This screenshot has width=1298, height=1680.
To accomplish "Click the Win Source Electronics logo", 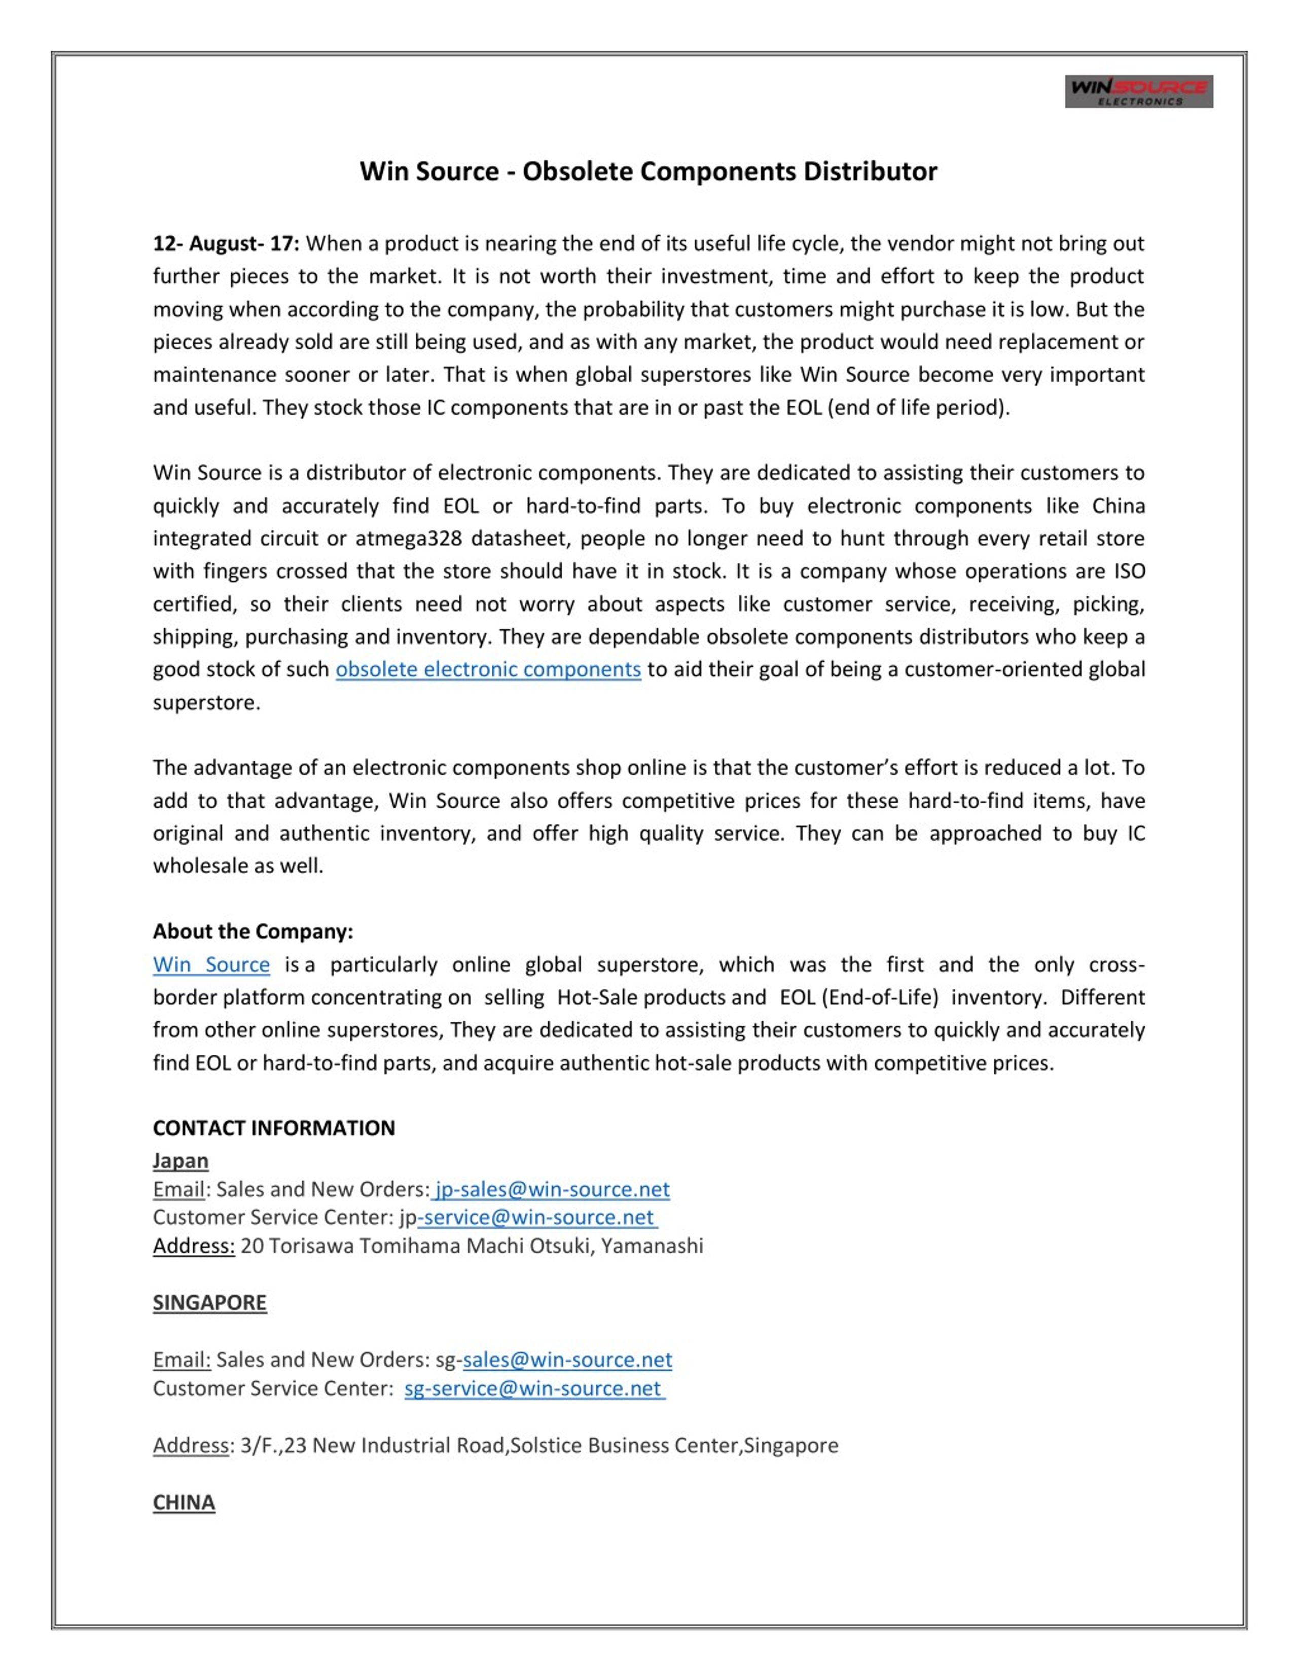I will point(1138,92).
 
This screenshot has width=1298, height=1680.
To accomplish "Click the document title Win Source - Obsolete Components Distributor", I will point(648,171).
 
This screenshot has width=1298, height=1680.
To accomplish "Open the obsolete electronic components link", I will point(488,669).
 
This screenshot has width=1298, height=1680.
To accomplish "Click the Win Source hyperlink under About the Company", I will point(211,964).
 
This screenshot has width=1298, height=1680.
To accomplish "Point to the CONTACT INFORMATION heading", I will point(274,1128).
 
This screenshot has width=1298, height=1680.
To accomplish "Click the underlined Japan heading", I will point(181,1160).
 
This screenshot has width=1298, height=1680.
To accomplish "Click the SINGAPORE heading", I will point(209,1302).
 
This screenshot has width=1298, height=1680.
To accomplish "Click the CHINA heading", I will point(184,1503).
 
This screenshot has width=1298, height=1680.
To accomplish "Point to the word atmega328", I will point(408,539).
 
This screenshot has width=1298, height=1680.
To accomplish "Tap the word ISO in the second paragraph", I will point(1130,571).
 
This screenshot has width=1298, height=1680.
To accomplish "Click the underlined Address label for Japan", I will point(194,1245).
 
